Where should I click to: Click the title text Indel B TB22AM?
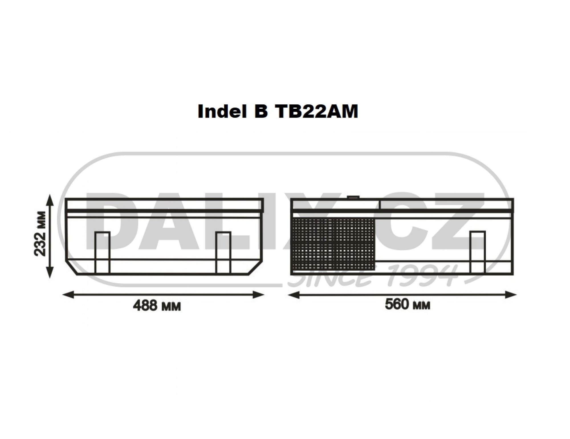tap(278, 111)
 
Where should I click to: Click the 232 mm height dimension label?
tap(40, 234)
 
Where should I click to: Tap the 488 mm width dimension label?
tap(157, 306)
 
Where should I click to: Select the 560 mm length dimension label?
tap(408, 305)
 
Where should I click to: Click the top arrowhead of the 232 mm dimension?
tap(50, 199)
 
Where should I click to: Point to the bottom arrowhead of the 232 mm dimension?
tap(50, 273)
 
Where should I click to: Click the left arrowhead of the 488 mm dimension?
tap(68, 294)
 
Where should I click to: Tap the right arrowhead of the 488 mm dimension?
tap(258, 294)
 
